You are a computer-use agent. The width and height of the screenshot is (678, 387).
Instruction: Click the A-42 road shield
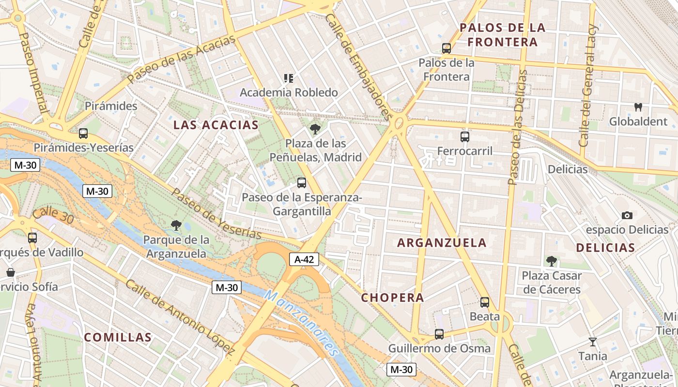point(305,259)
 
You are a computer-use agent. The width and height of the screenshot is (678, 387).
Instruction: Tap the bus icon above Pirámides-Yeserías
point(83,133)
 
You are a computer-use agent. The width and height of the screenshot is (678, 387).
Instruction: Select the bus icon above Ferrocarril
point(465,136)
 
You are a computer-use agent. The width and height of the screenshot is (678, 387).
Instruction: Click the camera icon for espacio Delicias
point(627,215)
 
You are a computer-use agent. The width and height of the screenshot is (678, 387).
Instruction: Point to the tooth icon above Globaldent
point(638,107)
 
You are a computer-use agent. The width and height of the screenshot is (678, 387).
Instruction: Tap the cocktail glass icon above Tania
point(592,342)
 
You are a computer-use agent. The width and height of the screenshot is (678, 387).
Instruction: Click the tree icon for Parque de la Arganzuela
point(176,225)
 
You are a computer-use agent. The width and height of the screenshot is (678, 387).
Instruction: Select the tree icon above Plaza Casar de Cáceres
point(551,261)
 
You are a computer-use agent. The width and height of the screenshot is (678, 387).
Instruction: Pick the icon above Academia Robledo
point(289,78)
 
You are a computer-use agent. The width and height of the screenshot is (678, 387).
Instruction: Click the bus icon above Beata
point(484,302)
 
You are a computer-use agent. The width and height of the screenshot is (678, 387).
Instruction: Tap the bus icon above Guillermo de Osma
point(439,334)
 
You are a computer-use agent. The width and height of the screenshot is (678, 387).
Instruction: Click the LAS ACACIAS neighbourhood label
point(216,125)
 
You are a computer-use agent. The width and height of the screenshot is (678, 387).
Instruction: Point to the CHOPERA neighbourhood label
point(392,298)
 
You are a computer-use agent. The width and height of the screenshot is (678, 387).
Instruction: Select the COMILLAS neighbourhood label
point(118,337)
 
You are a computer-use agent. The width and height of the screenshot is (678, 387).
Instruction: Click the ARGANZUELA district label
point(442,243)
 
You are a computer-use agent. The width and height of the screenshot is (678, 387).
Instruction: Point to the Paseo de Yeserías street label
point(216,214)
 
